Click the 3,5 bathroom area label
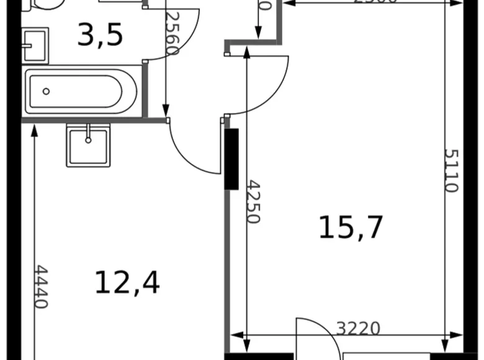(x=100, y=36)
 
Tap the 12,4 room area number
(x=127, y=283)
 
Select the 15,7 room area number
(x=351, y=227)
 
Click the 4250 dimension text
(x=253, y=202)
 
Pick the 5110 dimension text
(x=451, y=171)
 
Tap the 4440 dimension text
(x=41, y=287)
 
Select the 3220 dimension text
(x=358, y=328)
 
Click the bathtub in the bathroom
(x=81, y=92)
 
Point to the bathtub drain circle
(x=46, y=92)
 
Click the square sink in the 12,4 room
(x=88, y=145)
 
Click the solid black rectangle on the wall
(x=231, y=158)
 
